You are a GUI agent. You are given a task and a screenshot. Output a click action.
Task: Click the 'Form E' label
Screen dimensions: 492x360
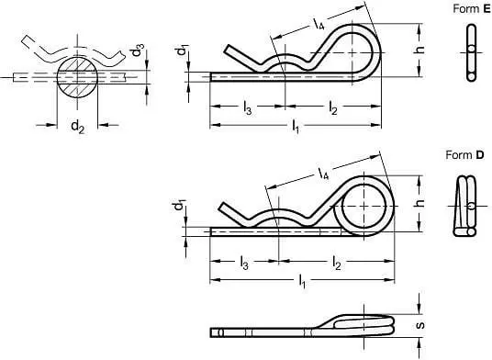pos(472,9)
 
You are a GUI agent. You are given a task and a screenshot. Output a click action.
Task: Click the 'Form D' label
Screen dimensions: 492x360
pos(465,155)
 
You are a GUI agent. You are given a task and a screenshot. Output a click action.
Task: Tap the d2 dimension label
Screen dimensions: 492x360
pos(77,127)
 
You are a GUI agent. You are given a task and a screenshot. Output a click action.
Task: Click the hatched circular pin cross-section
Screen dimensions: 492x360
pos(77,77)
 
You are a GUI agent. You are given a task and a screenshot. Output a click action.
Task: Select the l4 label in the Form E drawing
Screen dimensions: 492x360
pos(319,24)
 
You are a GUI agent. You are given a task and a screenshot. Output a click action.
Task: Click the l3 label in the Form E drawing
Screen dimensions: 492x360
pos(248,108)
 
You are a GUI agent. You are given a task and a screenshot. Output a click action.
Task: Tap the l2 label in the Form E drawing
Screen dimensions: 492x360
pos(333,108)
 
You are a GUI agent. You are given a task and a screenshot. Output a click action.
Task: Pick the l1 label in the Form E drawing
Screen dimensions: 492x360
pos(296,127)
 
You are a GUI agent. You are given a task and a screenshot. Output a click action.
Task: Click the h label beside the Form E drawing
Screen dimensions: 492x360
pos(419,50)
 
